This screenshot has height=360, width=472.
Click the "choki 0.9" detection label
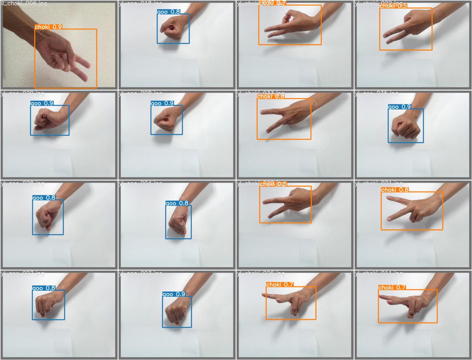pyautogui.click(x=48, y=27)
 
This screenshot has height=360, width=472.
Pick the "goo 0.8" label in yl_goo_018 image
pyautogui.click(x=169, y=12)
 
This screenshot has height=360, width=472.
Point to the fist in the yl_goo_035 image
pyautogui.click(x=405, y=127)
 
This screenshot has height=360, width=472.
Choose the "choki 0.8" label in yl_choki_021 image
pyautogui.click(x=395, y=190)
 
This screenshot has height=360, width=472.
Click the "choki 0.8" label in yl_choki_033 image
pyautogui.click(x=271, y=97)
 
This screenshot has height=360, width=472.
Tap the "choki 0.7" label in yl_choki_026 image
pyautogui.click(x=280, y=284)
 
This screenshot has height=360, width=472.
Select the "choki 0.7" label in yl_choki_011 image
pyautogui.click(x=392, y=287)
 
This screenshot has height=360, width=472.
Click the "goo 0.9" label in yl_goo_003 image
pyautogui.click(x=174, y=294)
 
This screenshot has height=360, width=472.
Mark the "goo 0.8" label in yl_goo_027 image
pyautogui.click(x=44, y=288)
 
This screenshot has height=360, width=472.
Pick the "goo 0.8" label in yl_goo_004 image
pyautogui.click(x=177, y=203)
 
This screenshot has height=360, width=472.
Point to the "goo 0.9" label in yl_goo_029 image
pyautogui.click(x=42, y=103)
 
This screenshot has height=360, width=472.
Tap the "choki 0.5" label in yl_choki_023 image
pyautogui.click(x=393, y=6)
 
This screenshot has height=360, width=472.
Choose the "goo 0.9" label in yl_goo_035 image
pyautogui.click(x=400, y=107)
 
